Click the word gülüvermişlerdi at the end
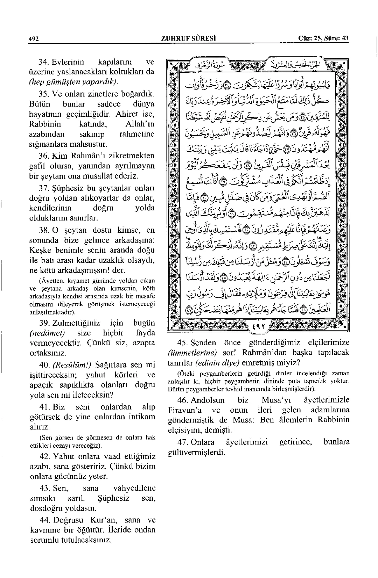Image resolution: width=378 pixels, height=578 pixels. (195, 452)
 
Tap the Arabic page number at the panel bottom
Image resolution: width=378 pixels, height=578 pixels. (258, 328)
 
